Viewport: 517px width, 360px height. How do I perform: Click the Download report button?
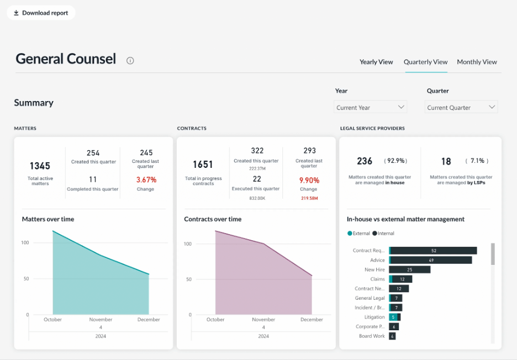tap(41, 13)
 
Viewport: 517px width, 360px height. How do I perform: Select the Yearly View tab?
tap(376, 62)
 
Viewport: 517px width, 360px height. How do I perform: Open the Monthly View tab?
tap(477, 62)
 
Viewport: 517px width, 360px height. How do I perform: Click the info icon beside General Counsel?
tap(130, 61)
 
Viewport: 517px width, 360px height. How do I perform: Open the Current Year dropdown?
tap(371, 107)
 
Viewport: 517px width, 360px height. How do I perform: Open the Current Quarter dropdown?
tap(461, 107)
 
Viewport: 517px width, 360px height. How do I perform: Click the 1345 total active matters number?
tap(40, 166)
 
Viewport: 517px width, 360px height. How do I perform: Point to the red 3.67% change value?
tap(146, 179)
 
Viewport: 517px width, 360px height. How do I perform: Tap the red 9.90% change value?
tap(309, 179)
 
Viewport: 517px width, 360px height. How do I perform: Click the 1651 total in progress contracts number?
tap(203, 165)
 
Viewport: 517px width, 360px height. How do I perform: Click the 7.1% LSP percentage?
tap(477, 161)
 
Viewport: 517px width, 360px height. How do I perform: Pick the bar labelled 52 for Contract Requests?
tap(434, 251)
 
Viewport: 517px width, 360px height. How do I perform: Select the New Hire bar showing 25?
tap(410, 270)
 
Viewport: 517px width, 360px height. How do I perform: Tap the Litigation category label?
tap(374, 317)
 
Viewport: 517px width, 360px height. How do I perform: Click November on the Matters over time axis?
tap(101, 320)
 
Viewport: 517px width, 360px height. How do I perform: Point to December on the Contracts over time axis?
tap(312, 320)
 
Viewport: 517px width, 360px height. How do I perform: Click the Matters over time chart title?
tap(48, 219)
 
